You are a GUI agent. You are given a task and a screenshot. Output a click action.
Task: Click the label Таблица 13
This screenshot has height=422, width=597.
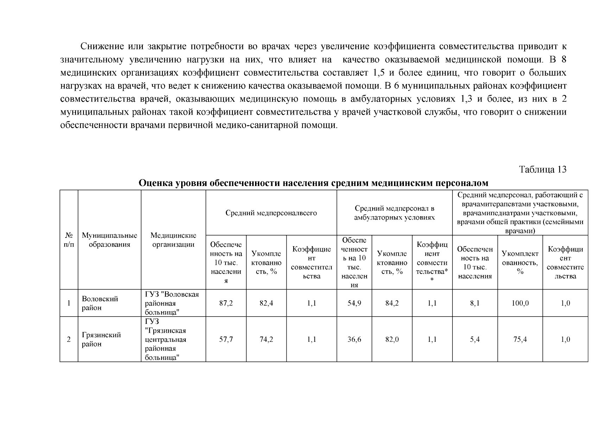(543, 170)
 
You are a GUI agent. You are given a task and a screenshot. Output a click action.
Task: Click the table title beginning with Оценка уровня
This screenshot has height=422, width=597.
(313, 183)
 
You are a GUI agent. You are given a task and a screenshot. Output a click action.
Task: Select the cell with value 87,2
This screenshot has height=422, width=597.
(226, 303)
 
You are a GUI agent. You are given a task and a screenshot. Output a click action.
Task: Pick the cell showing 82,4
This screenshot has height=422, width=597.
(266, 303)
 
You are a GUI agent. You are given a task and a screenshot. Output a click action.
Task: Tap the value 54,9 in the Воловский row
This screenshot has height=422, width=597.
(354, 303)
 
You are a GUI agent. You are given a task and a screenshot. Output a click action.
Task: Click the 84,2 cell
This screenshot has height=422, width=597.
(392, 303)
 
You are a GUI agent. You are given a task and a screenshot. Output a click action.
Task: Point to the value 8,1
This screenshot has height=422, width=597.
(475, 303)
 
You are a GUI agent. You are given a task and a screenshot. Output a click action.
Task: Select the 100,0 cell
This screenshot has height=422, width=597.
(520, 303)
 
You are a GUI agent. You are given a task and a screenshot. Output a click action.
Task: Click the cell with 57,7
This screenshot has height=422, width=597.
(226, 339)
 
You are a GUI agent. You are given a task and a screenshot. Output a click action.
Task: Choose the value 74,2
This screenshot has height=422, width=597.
(266, 339)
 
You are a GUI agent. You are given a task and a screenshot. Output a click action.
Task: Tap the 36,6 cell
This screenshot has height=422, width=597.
(354, 339)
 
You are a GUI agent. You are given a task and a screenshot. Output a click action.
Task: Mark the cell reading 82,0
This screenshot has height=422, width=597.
(392, 339)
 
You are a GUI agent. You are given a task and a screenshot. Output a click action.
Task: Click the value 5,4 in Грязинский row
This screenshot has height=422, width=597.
(475, 339)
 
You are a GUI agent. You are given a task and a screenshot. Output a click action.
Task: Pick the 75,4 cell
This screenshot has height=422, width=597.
(520, 339)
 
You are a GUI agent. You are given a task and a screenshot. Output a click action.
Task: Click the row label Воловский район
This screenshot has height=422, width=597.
(100, 303)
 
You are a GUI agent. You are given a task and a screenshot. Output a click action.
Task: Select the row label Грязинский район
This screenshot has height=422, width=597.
(101, 339)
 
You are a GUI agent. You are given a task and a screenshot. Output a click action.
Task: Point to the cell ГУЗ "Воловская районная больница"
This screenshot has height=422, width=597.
(172, 303)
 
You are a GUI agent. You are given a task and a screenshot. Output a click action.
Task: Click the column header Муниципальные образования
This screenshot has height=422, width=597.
(109, 240)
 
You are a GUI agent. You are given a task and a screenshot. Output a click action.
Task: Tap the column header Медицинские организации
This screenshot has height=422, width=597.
(173, 240)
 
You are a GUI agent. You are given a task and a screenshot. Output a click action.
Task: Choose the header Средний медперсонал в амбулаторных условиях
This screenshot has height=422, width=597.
(394, 213)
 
